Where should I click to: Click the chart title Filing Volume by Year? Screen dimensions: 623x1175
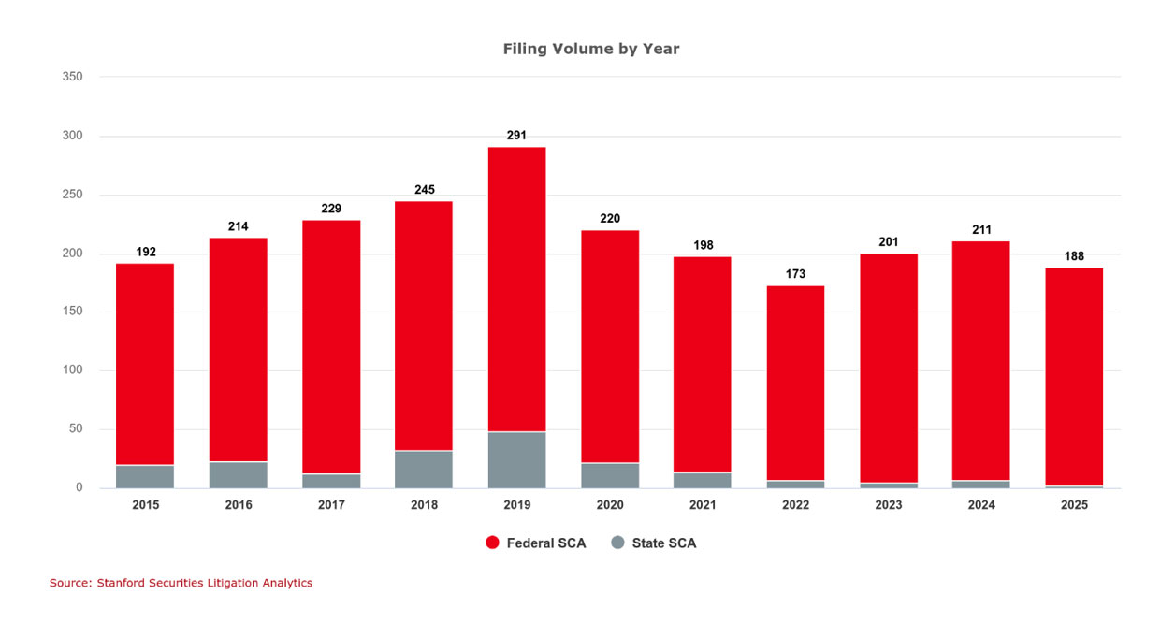(591, 49)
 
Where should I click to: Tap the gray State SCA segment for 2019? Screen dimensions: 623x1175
(516, 460)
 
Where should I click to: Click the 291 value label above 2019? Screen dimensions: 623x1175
(516, 135)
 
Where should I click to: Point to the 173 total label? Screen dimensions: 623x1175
(795, 274)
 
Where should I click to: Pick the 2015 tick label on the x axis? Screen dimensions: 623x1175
(145, 504)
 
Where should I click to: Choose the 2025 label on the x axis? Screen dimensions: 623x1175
(1074, 504)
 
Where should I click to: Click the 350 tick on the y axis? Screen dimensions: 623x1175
(73, 77)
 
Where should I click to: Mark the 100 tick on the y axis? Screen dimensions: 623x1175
(73, 370)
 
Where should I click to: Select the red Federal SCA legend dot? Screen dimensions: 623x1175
(492, 543)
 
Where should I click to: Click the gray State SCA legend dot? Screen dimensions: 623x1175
(617, 543)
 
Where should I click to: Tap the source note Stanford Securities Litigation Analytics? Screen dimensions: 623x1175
(181, 583)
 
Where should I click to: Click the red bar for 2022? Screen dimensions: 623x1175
(795, 383)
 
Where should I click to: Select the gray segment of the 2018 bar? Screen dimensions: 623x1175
(424, 470)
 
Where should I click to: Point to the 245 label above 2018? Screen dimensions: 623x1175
(424, 190)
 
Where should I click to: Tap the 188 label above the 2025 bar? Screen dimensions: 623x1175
(1074, 256)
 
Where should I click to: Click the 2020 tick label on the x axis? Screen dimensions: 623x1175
(610, 504)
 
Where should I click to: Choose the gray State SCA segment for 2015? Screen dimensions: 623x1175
(145, 477)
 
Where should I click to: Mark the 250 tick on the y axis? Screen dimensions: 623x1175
(73, 195)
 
